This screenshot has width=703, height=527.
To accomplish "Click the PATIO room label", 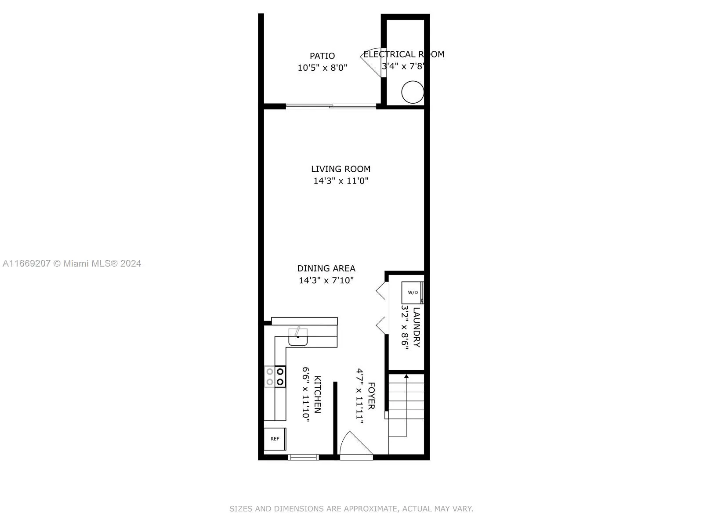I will pos(322,56).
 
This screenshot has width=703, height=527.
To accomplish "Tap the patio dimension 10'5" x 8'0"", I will pos(322,68).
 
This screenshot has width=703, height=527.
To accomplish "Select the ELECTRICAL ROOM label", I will pos(403,54).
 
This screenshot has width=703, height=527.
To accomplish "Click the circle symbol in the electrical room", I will pos(413,92).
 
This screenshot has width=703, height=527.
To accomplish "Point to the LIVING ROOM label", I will pos(341,169).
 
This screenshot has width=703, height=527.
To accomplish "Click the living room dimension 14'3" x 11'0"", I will pos(341,180).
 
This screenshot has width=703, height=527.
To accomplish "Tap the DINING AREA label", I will pos(326,268).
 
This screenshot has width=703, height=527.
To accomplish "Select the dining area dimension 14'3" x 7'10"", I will pos(326,280).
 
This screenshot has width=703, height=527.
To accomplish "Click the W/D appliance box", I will pos(413,292).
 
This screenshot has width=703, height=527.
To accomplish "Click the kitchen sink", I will pos(298,338).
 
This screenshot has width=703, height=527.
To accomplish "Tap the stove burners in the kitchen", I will pos(275,377).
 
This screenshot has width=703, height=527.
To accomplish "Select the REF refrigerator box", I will pos(275,439).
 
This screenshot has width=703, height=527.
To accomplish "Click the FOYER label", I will pos(371,396).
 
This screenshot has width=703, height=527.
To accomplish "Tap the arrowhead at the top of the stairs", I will pos(406,376).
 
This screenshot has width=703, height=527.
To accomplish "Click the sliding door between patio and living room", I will pos(331,106).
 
